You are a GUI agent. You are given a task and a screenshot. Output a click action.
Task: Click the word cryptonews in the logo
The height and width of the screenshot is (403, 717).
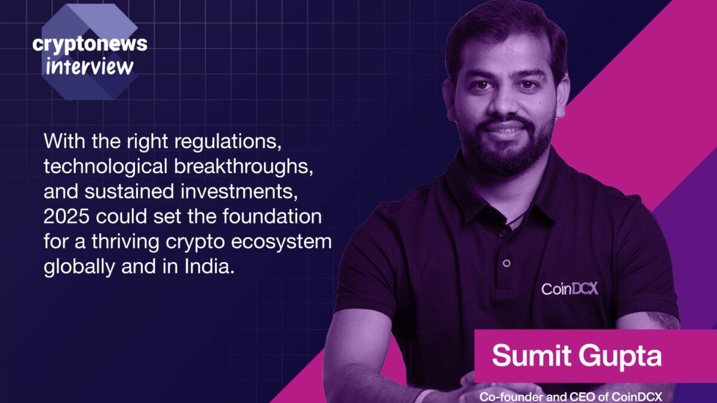pyautogui.click(x=90, y=45)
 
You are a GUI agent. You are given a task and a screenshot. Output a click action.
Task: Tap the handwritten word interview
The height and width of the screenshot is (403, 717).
pyautogui.click(x=90, y=67)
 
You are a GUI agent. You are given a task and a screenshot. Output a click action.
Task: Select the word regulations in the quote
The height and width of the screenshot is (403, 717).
pyautogui.click(x=228, y=141)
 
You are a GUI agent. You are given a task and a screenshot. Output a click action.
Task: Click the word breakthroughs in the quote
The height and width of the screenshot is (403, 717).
pyautogui.click(x=243, y=167)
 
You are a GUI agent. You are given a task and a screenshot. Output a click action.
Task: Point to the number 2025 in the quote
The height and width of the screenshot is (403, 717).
pyautogui.click(x=66, y=217)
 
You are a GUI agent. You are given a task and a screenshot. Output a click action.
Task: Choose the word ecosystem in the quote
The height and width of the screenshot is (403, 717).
pyautogui.click(x=281, y=242)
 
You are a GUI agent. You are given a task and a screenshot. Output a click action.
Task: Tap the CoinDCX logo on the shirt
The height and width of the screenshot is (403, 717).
pyautogui.click(x=570, y=289)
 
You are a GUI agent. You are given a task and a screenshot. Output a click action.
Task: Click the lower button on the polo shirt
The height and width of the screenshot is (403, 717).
pyautogui.click(x=507, y=263)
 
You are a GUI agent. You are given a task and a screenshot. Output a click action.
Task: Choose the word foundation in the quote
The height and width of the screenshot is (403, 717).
pyautogui.click(x=272, y=217)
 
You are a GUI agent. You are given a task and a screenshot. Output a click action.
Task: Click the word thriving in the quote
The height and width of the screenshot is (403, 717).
pyautogui.click(x=125, y=242)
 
